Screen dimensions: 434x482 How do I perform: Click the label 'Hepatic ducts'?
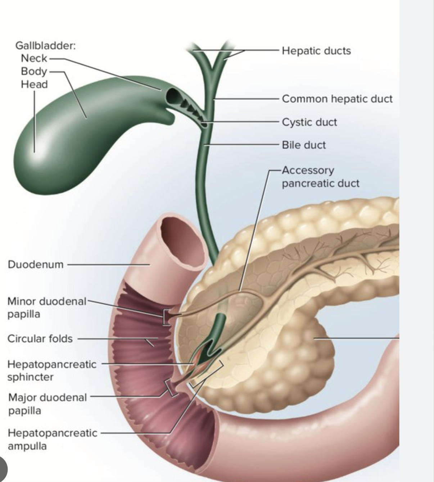pyautogui.click(x=316, y=51)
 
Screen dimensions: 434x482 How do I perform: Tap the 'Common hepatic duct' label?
pyautogui.click(x=337, y=99)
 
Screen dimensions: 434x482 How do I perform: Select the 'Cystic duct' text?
pyautogui.click(x=309, y=122)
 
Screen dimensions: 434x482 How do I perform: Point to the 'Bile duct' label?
pyautogui.click(x=303, y=145)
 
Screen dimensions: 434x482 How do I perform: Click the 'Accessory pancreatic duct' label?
pyautogui.click(x=320, y=177)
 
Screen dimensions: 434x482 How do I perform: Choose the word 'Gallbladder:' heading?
pyautogui.click(x=45, y=46)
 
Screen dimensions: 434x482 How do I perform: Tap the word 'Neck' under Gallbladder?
pyautogui.click(x=34, y=58)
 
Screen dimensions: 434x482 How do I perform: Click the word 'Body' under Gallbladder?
pyautogui.click(x=33, y=71)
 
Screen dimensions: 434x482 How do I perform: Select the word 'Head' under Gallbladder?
pyautogui.click(x=34, y=85)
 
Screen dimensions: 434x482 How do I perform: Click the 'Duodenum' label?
pyautogui.click(x=35, y=265)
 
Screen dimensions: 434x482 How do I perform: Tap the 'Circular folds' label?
pyautogui.click(x=40, y=339)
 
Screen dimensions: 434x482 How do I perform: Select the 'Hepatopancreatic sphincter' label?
pyautogui.click(x=52, y=370)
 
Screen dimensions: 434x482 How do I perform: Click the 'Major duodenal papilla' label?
pyautogui.click(x=47, y=404)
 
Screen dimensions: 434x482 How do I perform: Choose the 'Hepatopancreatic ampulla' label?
pyautogui.click(x=52, y=439)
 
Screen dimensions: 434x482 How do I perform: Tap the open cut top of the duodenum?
pyautogui.click(x=179, y=239)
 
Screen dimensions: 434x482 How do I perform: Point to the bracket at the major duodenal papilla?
pyautogui.click(x=170, y=388)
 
